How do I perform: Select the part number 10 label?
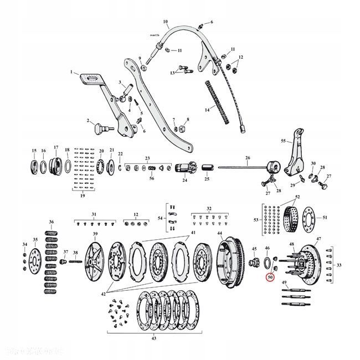coord(166,23)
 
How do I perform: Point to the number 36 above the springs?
coord(51,222)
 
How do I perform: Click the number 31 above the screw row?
coord(94,214)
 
